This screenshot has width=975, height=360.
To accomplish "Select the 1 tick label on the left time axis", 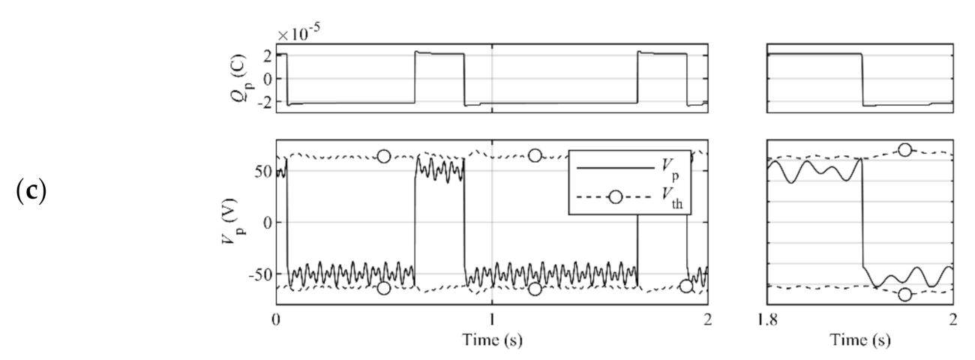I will click(492, 317).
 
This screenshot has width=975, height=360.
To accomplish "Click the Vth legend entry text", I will click(678, 199).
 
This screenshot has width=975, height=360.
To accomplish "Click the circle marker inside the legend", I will click(615, 198).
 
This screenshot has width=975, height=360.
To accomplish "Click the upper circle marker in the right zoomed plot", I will click(905, 150).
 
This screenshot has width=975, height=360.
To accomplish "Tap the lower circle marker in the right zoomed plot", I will click(905, 295).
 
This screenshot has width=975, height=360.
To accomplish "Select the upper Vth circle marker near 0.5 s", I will click(384, 156).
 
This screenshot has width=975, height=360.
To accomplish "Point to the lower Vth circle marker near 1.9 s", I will click(685, 286).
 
